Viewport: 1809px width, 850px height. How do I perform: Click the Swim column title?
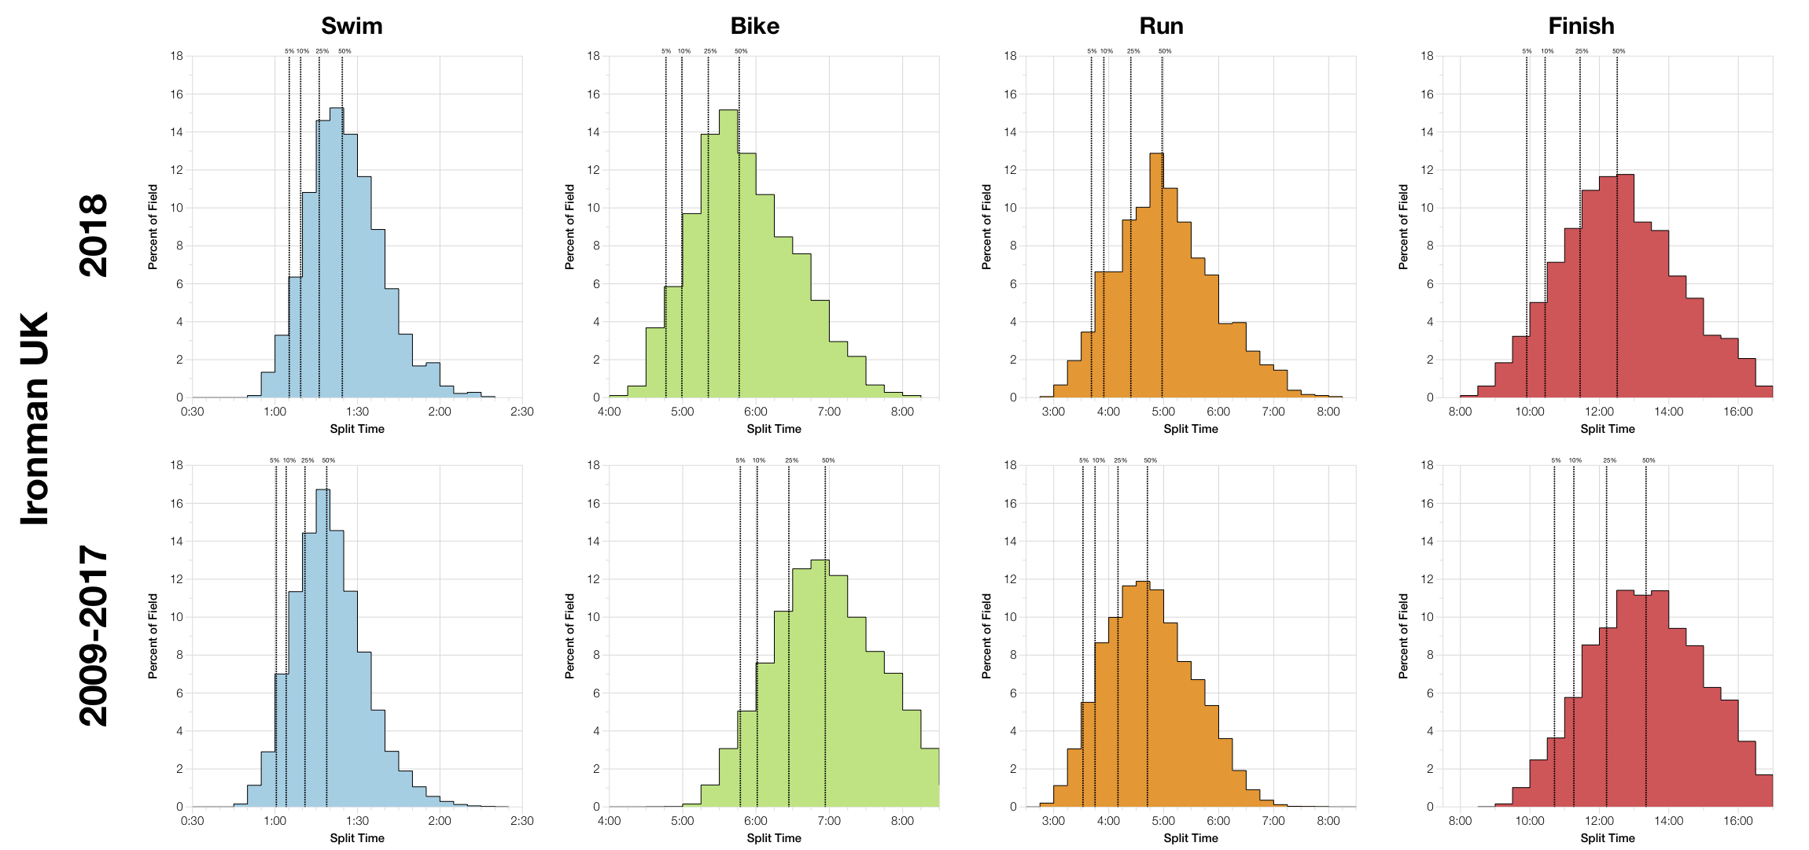pyautogui.click(x=352, y=26)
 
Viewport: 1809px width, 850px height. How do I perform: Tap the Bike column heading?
pyautogui.click(x=754, y=26)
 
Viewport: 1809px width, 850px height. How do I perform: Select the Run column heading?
pyautogui.click(x=1161, y=26)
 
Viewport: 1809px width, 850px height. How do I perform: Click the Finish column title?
pyautogui.click(x=1581, y=26)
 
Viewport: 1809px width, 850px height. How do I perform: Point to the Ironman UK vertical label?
pyautogui.click(x=35, y=419)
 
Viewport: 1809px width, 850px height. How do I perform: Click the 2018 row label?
pyautogui.click(x=94, y=235)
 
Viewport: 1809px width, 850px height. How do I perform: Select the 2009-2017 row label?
pyautogui.click(x=94, y=635)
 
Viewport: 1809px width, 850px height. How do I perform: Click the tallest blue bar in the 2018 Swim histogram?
pyautogui.click(x=336, y=252)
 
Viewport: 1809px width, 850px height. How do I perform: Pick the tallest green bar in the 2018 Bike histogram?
pyautogui.click(x=728, y=252)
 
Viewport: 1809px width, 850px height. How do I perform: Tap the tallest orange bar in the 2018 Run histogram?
pyautogui.click(x=1156, y=275)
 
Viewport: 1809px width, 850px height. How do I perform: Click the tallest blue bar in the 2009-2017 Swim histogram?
pyautogui.click(x=322, y=645)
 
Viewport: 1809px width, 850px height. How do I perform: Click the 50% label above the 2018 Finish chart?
pyautogui.click(x=1619, y=51)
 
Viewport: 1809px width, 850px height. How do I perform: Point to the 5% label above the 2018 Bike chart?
pyautogui.click(x=666, y=51)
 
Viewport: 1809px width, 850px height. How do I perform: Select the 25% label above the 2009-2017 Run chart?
pyautogui.click(x=1120, y=460)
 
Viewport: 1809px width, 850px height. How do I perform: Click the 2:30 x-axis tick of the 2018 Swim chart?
pyautogui.click(x=521, y=412)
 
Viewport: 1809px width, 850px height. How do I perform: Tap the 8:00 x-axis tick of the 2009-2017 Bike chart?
pyautogui.click(x=902, y=821)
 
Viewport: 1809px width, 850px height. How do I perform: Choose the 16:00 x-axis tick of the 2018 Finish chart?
pyautogui.click(x=1738, y=412)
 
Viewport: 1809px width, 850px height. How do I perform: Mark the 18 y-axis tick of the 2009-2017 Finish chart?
pyautogui.click(x=1427, y=465)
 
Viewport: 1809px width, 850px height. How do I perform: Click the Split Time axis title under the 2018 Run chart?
pyautogui.click(x=1190, y=429)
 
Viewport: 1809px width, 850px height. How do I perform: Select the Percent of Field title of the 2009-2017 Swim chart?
pyautogui.click(x=153, y=636)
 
